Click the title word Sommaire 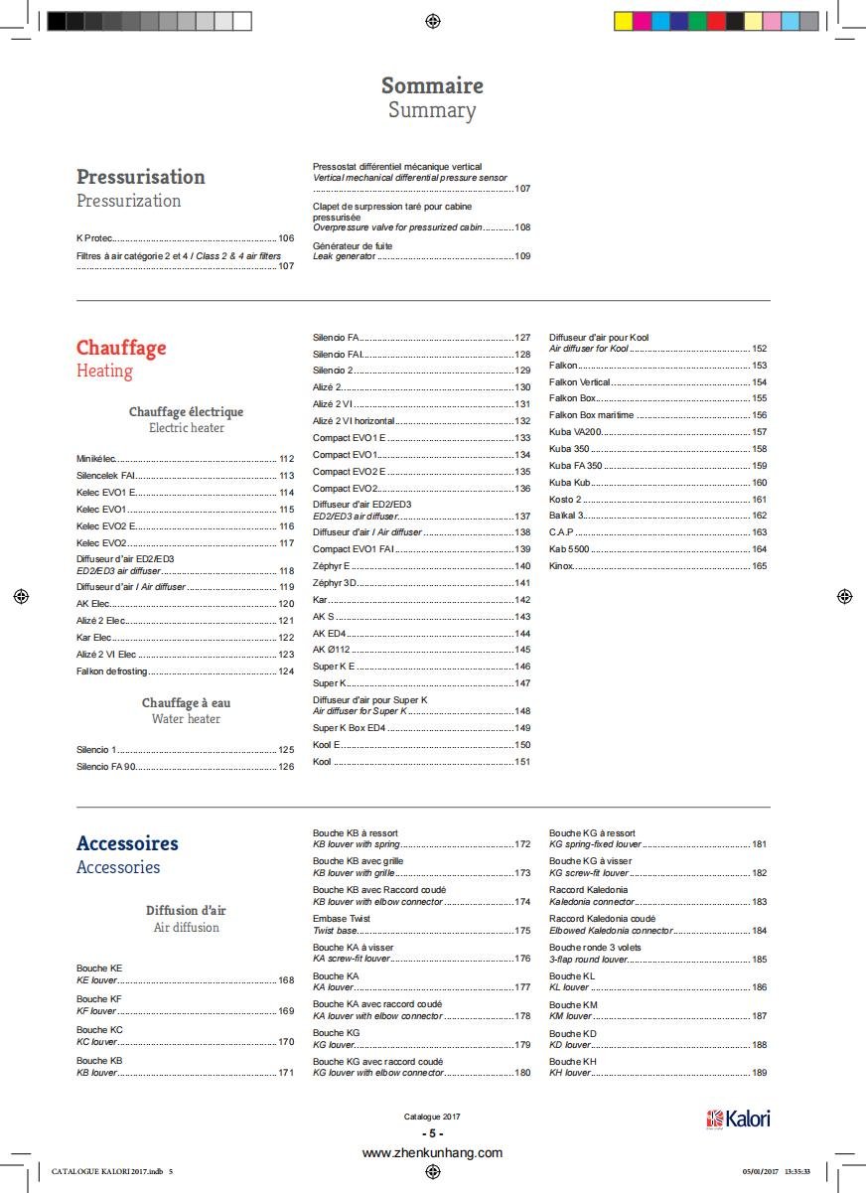pyautogui.click(x=432, y=85)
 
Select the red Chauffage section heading pyautogui.click(x=121, y=348)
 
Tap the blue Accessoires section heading pyautogui.click(x=127, y=843)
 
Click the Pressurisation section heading pyautogui.click(x=140, y=177)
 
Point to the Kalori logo pyautogui.click(x=738, y=1118)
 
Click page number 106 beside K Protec pyautogui.click(x=286, y=238)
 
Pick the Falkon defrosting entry pyautogui.click(x=111, y=671)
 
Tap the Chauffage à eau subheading pyautogui.click(x=186, y=703)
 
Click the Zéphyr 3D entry pyautogui.click(x=335, y=583)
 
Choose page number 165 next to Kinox pyautogui.click(x=759, y=566)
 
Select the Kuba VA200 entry pyautogui.click(x=575, y=432)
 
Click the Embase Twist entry pyautogui.click(x=342, y=919)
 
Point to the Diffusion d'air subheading pyautogui.click(x=186, y=910)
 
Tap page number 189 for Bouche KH pyautogui.click(x=759, y=1073)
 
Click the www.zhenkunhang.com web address pyautogui.click(x=432, y=1153)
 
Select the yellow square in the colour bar pyautogui.click(x=623, y=21)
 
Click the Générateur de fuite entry pyautogui.click(x=353, y=245)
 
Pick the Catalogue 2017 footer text pyautogui.click(x=432, y=1117)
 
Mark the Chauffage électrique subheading pyautogui.click(x=186, y=411)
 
